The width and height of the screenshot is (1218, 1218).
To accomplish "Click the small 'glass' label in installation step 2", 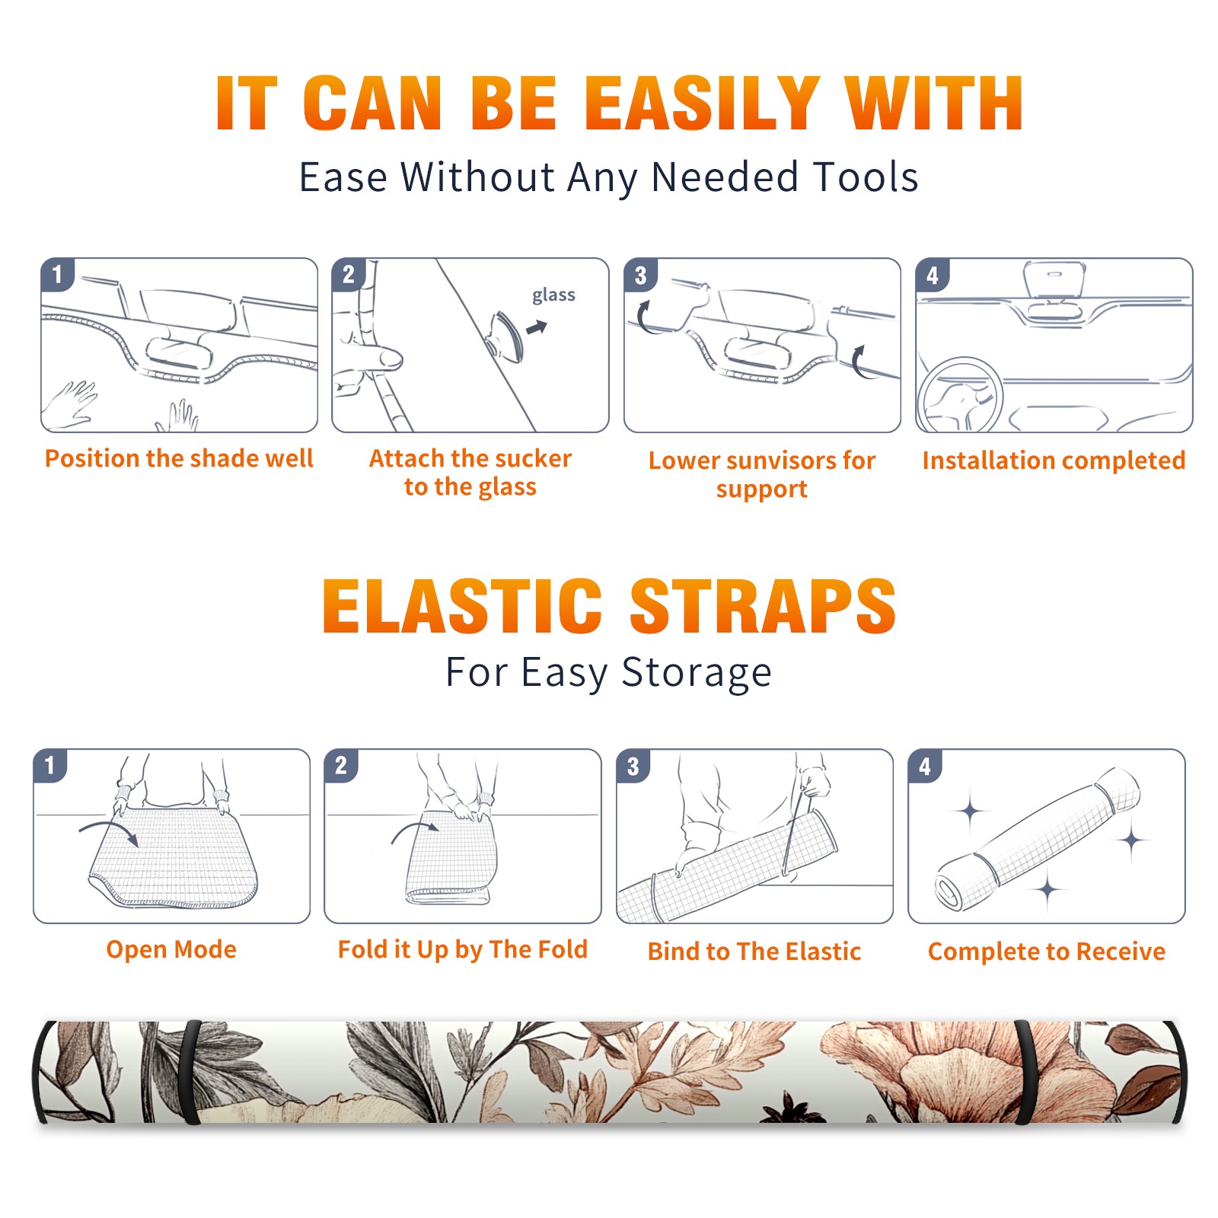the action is pos(553,295).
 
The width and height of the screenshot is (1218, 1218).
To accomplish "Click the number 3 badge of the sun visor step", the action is pos(640,275).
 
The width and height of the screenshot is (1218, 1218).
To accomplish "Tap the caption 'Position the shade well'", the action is pos(179,458).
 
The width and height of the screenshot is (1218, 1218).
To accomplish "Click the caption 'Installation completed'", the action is pos(1054,460).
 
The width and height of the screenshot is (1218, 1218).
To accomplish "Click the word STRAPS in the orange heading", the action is pos(763,606).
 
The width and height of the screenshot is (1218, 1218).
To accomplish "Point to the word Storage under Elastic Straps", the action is pos(696,673).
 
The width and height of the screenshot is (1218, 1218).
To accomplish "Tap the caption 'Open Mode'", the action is pos(171,949).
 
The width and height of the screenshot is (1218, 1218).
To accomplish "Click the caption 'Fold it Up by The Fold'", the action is pos(463,949).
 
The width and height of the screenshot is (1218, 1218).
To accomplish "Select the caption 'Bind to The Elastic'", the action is pos(754,952).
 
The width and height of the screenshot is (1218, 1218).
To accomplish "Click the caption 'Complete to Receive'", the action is pos(1047,952).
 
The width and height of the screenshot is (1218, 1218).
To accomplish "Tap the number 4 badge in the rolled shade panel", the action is pos(925,766).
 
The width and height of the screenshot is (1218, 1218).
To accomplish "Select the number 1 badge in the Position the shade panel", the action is pos(57,274).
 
